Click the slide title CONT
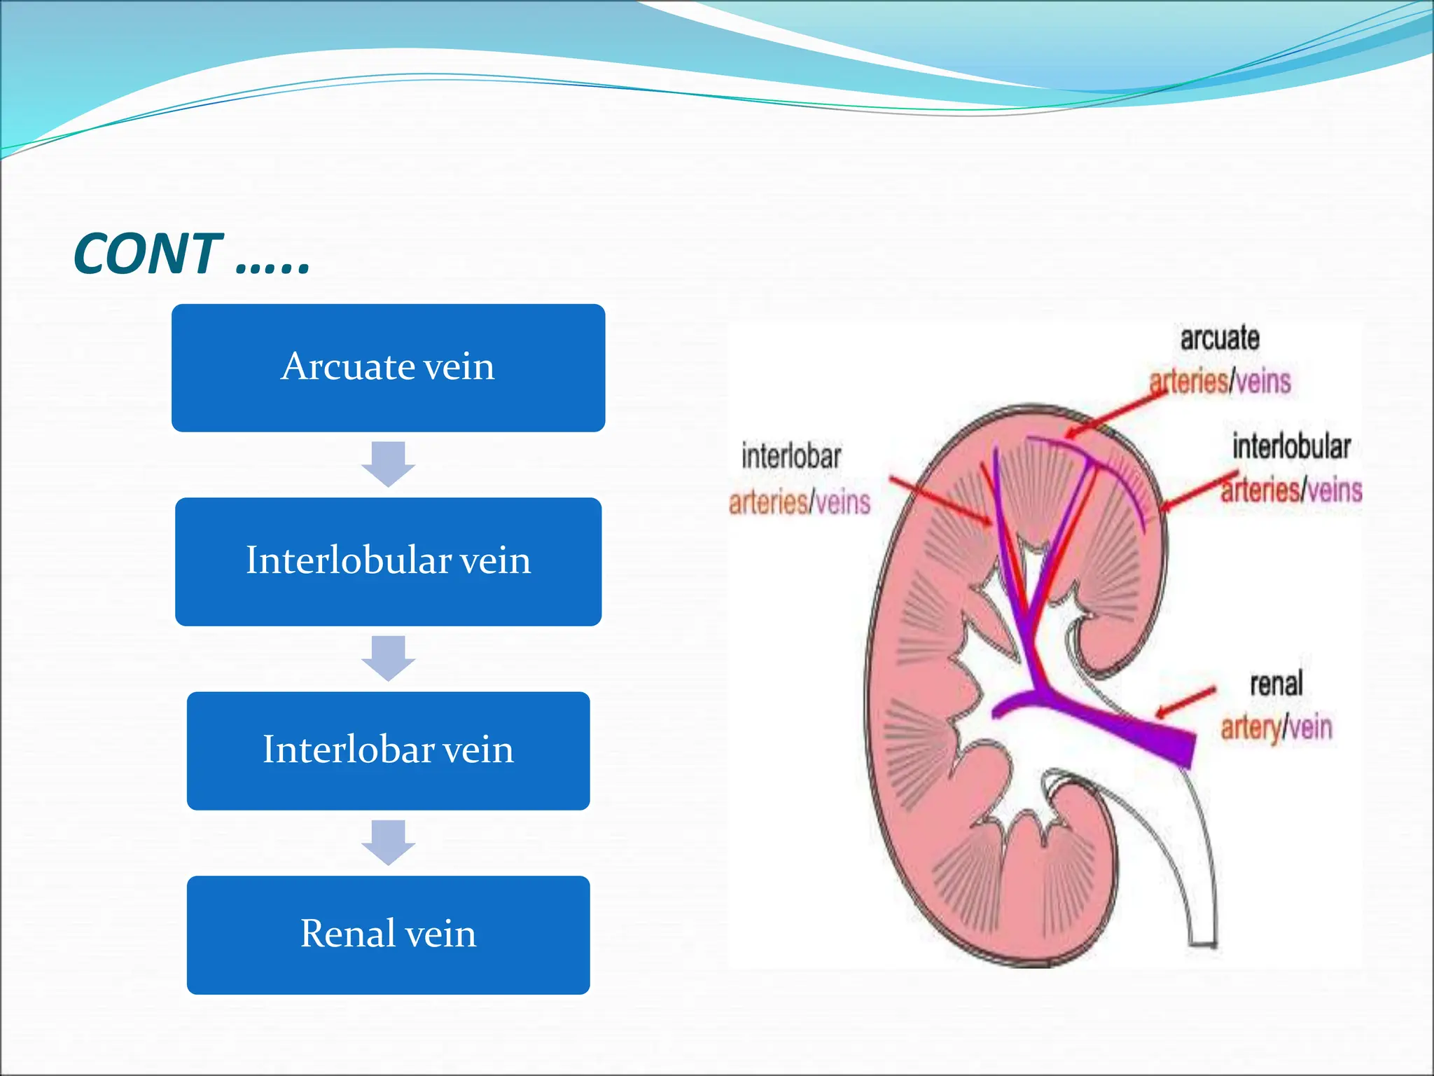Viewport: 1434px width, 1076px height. (190, 254)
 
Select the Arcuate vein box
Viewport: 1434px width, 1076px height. (388, 368)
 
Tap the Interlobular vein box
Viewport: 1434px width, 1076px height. (388, 562)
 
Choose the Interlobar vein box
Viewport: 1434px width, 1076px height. (388, 751)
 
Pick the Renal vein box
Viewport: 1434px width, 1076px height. (388, 935)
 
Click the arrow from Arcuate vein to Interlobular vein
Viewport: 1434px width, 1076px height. (388, 464)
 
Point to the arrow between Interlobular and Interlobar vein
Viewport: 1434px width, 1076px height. (388, 658)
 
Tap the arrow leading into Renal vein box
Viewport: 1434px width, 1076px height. (388, 842)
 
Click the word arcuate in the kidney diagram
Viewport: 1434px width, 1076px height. (1220, 338)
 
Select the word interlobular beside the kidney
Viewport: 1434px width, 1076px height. (1291, 447)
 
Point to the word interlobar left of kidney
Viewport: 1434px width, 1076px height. (791, 457)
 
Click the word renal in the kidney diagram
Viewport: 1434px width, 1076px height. (1276, 684)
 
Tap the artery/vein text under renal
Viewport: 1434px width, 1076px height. (1276, 727)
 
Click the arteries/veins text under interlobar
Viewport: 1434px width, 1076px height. (799, 502)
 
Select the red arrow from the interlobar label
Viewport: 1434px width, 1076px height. (940, 499)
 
